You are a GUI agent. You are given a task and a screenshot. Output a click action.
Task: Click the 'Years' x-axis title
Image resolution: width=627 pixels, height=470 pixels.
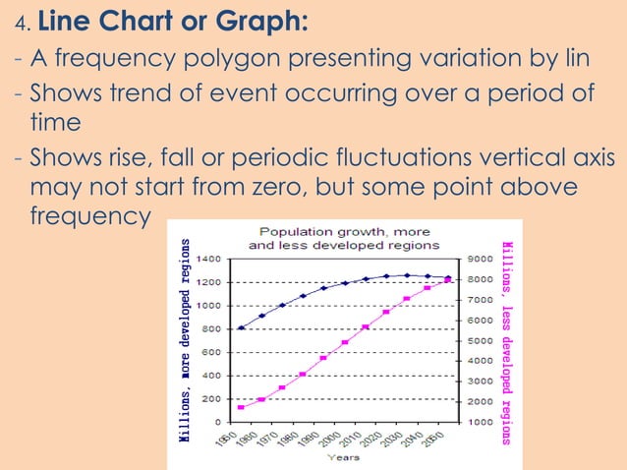[343, 456]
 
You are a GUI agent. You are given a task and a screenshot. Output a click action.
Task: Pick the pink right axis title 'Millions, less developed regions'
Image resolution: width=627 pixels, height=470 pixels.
[506, 341]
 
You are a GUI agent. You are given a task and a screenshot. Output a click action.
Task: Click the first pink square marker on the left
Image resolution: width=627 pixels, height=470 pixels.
[241, 407]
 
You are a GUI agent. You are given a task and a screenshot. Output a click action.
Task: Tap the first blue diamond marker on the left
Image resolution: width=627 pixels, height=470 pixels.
[241, 327]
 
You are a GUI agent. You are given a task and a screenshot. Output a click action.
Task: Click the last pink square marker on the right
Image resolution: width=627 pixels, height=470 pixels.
[448, 280]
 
